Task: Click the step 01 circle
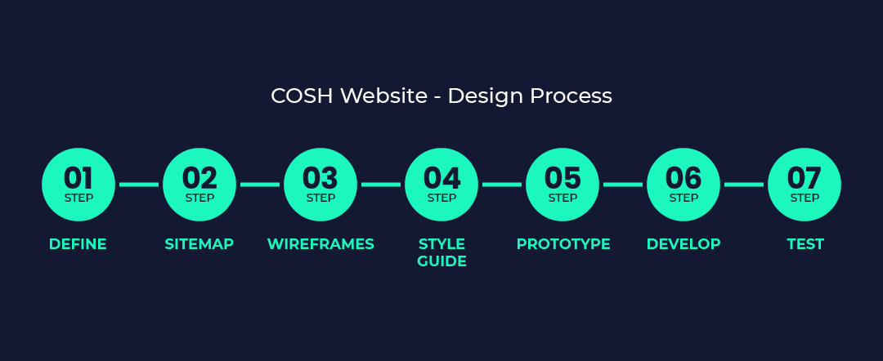78,185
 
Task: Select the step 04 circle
441,185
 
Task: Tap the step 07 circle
805,185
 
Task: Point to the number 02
199,178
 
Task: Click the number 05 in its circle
563,178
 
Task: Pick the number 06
683,178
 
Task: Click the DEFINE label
78,244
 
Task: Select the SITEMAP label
199,244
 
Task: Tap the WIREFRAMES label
320,244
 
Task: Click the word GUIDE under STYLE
442,261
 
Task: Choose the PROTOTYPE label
563,244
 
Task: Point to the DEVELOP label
684,244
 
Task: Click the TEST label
805,244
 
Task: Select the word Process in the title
571,96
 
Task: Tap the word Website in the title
384,96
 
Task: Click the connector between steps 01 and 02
139,185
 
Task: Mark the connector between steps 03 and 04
381,185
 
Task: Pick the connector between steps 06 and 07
744,185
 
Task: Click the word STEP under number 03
320,198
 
